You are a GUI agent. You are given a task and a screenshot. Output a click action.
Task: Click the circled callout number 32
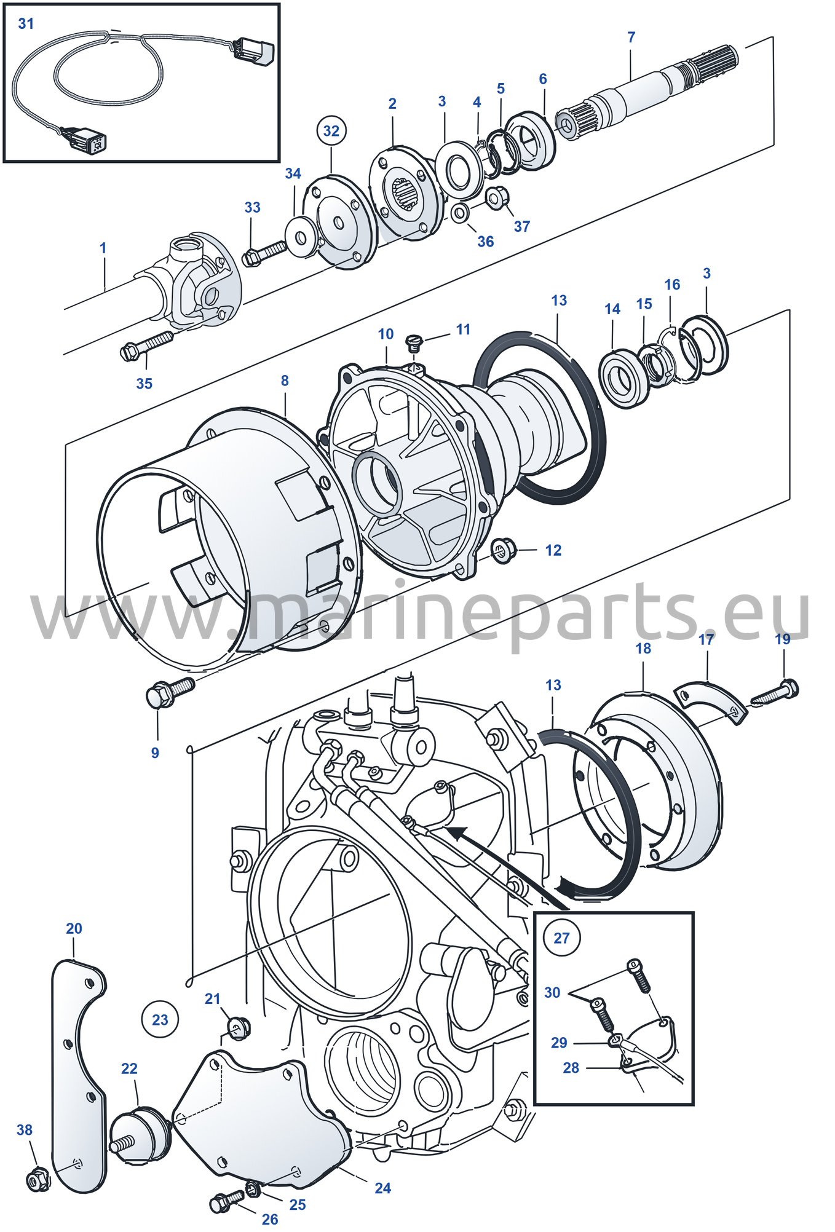(331, 130)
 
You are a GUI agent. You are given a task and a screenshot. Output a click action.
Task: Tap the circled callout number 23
(160, 1019)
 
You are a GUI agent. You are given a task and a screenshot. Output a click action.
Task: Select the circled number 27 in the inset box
(561, 938)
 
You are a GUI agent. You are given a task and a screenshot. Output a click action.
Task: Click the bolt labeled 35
(147, 346)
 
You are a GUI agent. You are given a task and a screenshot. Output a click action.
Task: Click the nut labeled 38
(38, 1179)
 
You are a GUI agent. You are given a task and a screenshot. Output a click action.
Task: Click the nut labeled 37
(497, 198)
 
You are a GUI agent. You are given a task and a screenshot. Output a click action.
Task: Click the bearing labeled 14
(623, 377)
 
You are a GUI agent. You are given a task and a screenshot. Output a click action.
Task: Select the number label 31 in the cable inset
(26, 24)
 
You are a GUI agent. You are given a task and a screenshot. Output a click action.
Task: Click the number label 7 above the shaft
(631, 38)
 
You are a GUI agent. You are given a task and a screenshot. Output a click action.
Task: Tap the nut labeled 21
(239, 1029)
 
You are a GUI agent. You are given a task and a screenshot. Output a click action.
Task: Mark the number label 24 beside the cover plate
(382, 1188)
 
